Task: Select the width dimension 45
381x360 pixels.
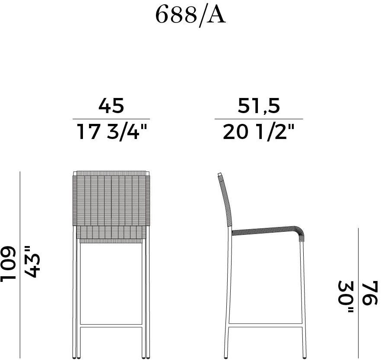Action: (111, 105)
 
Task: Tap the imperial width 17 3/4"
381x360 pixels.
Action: (111, 131)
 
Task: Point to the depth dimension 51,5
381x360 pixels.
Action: (259, 106)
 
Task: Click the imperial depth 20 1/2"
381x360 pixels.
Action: (258, 131)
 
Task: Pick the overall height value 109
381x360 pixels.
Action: (8, 264)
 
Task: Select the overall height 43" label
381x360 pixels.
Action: (31, 262)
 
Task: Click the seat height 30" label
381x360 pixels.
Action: (346, 297)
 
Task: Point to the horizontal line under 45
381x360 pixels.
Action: (111, 119)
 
